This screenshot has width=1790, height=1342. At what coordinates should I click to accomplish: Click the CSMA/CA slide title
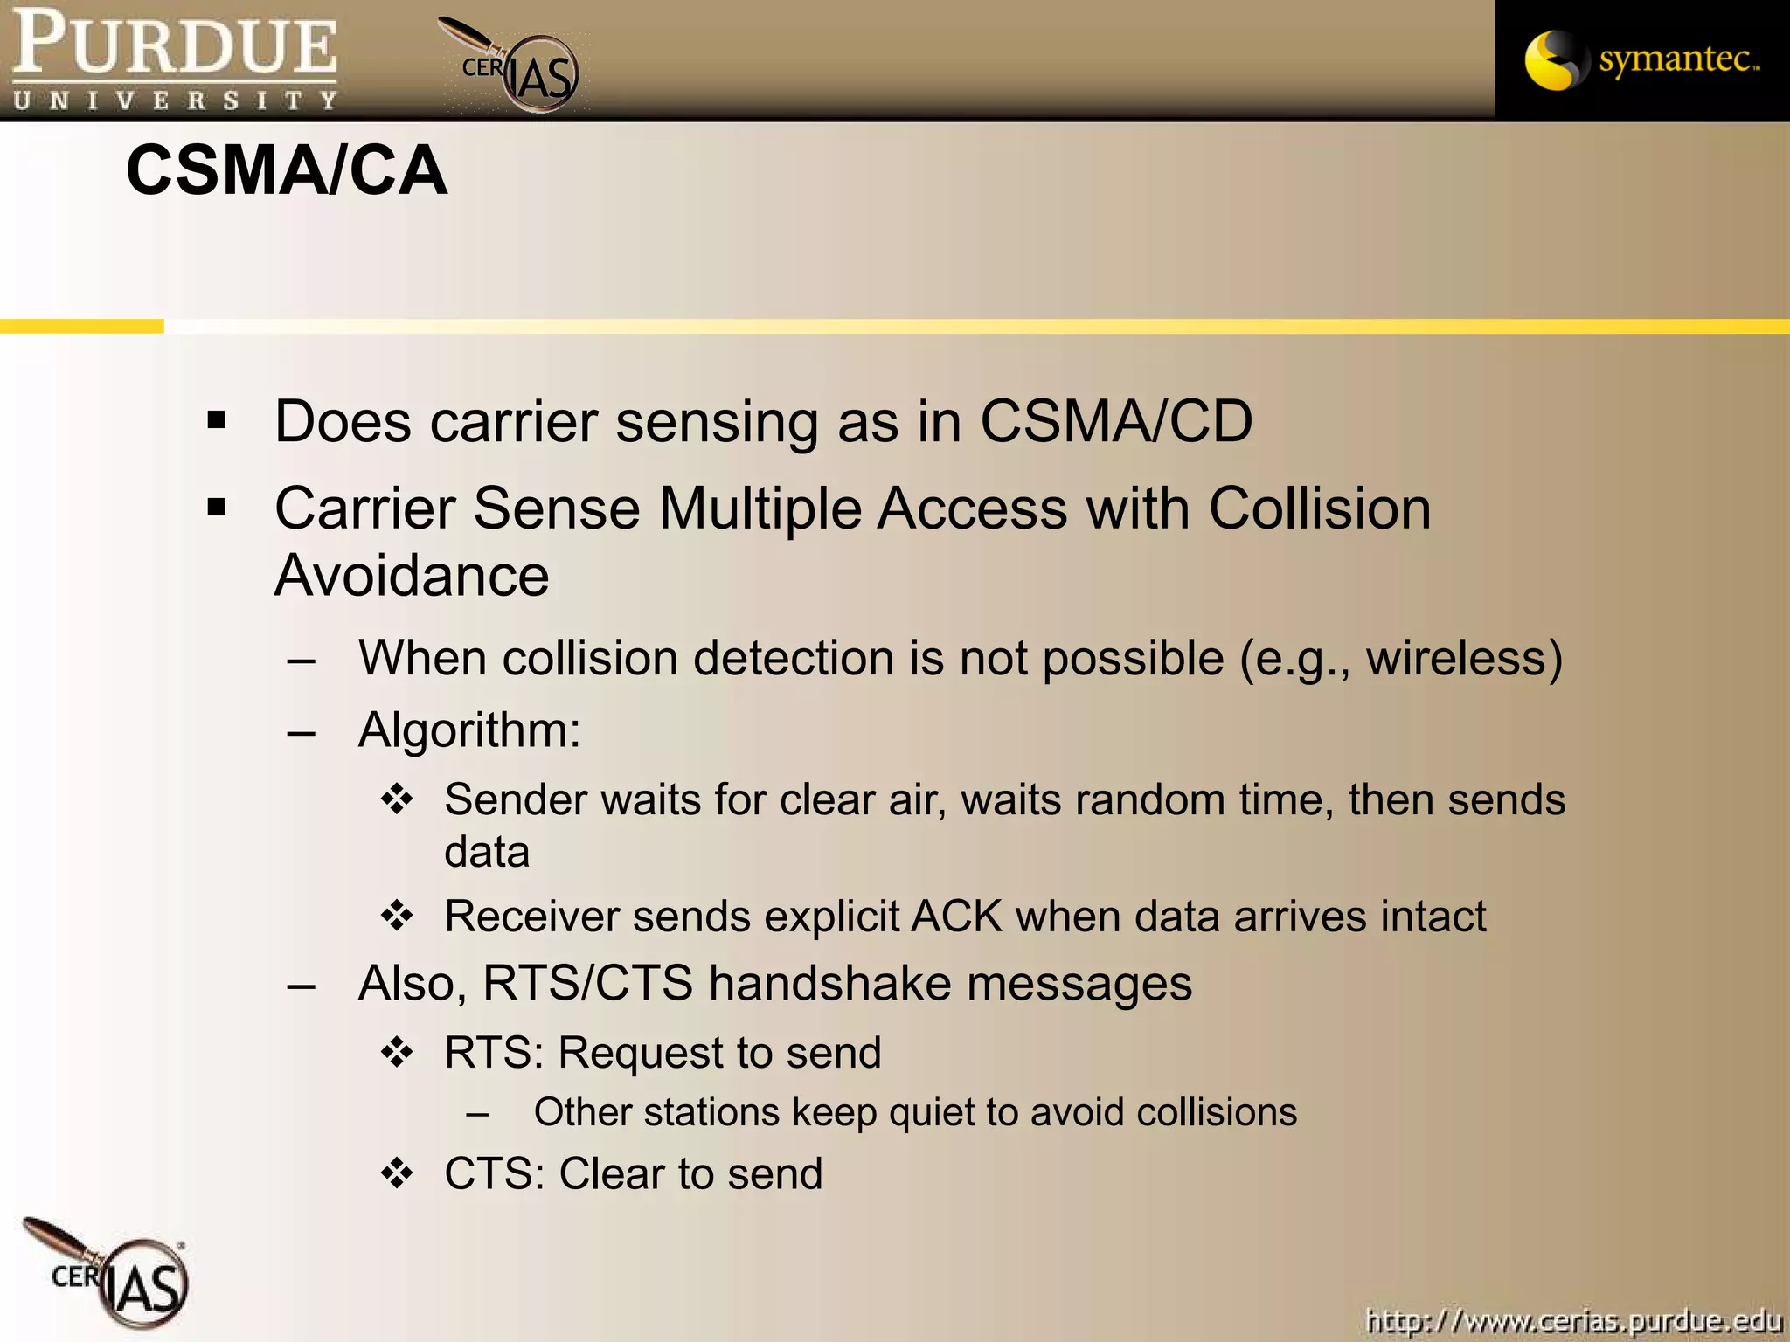pyautogui.click(x=287, y=170)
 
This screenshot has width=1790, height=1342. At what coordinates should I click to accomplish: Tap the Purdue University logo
pyautogui.click(x=175, y=59)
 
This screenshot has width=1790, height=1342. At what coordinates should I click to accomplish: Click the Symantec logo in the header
pyautogui.click(x=1641, y=60)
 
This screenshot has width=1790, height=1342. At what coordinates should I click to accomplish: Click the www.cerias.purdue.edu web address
pyautogui.click(x=1573, y=1319)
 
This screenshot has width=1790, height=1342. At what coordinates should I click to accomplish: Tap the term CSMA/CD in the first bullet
pyautogui.click(x=1116, y=422)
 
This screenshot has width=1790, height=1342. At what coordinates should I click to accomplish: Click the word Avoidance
pyautogui.click(x=412, y=576)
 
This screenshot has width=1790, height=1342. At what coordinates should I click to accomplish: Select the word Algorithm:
pyautogui.click(x=469, y=730)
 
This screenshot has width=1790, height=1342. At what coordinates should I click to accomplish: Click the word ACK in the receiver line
pyautogui.click(x=956, y=917)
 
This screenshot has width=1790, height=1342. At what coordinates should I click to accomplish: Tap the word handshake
pyautogui.click(x=829, y=984)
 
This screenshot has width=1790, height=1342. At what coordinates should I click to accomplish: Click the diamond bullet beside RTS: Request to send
pyautogui.click(x=397, y=1052)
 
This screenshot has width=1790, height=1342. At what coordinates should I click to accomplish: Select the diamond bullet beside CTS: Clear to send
pyautogui.click(x=397, y=1173)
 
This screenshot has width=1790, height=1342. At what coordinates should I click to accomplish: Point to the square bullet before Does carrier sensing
pyautogui.click(x=217, y=421)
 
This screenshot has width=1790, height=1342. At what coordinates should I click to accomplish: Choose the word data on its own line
pyautogui.click(x=487, y=852)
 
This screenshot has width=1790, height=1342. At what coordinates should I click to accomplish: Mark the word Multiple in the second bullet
pyautogui.click(x=760, y=508)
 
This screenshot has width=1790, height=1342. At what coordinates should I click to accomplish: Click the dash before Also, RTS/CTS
pyautogui.click(x=301, y=986)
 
